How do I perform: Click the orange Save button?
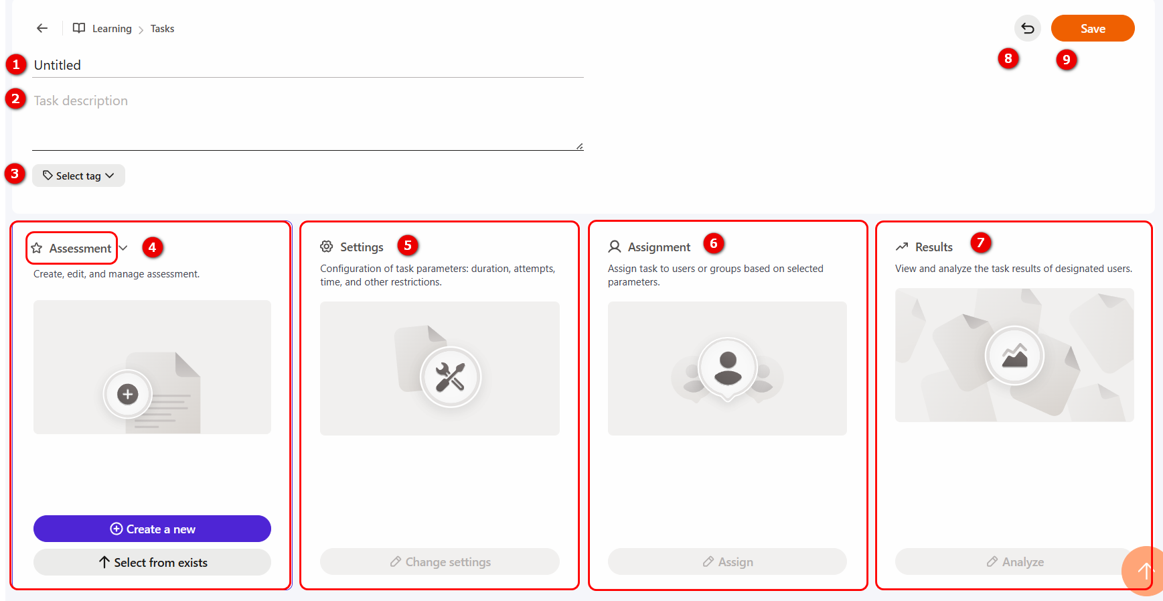click(x=1092, y=28)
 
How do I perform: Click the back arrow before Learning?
click(x=42, y=28)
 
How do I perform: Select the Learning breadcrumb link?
click(x=112, y=29)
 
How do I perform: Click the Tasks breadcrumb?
click(x=162, y=29)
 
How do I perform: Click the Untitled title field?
click(x=308, y=65)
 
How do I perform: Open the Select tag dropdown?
click(x=78, y=176)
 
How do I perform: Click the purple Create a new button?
click(x=152, y=529)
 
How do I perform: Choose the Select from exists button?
click(x=152, y=562)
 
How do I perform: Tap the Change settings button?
click(x=440, y=561)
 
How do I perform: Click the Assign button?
click(x=727, y=561)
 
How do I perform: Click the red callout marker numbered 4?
click(x=152, y=247)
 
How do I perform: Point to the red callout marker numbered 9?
click(x=1067, y=59)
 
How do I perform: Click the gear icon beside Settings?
click(x=327, y=247)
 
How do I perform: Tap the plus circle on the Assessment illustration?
click(x=127, y=394)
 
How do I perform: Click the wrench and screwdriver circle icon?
click(x=450, y=377)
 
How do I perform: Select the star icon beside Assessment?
click(x=37, y=248)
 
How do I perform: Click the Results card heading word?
click(x=933, y=247)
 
